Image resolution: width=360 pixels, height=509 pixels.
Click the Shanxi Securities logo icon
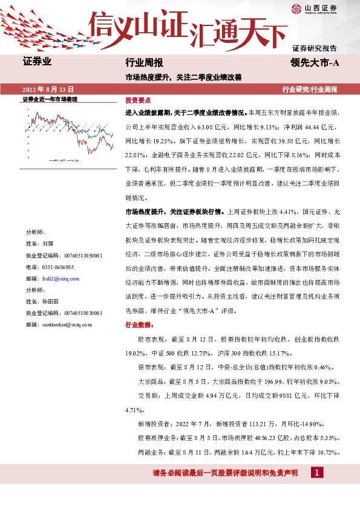click(x=296, y=8)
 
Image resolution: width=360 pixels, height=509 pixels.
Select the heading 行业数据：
click(x=139, y=325)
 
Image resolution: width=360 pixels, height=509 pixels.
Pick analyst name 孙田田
click(x=50, y=300)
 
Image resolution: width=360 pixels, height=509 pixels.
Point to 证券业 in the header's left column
click(x=37, y=62)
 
